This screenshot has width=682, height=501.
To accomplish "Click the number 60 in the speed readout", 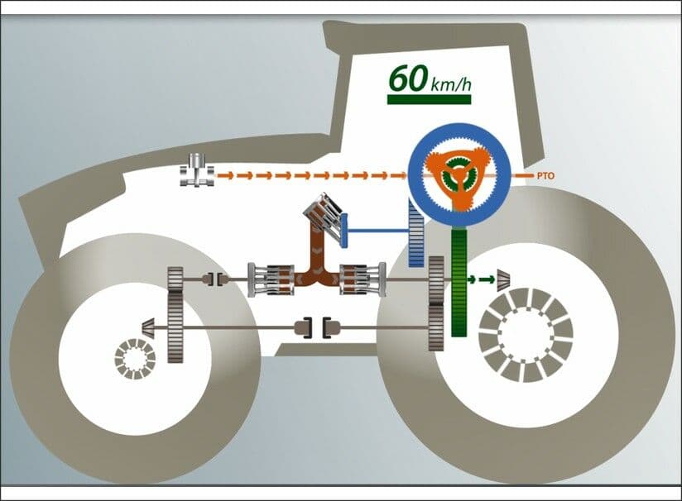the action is coord(407,79).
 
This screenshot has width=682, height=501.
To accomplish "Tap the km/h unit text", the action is coord(450,84).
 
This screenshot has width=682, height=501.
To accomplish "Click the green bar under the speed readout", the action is coord(429,100).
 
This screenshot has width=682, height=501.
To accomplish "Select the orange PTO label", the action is coord(546,176).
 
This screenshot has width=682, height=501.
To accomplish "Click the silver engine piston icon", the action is coord(197,170).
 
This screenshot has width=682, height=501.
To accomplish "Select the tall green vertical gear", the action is coord(459,283).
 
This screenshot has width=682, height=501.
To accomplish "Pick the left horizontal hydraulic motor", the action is coord(271,280).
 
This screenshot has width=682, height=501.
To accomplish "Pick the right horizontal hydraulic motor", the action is coord(363,280).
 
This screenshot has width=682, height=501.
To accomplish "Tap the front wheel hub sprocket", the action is coord(135,359).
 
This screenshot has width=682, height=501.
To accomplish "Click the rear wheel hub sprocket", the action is coord(526,335).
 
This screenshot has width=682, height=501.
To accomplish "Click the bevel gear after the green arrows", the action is coord(504,279).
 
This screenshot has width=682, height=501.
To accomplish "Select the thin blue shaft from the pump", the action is coord(377,231).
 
